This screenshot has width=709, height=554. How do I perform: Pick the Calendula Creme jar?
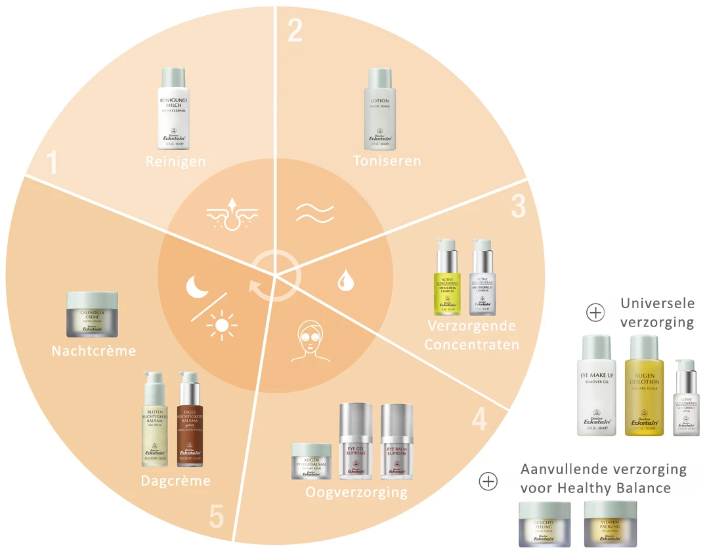click(92, 314)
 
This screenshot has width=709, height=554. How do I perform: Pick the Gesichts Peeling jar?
click(544, 524)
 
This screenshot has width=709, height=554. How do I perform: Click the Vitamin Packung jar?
click(610, 524)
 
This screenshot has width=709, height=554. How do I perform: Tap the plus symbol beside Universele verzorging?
click(595, 313)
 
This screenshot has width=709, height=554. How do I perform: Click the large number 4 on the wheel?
click(480, 420)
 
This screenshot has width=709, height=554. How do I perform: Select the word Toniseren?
click(387, 161)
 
